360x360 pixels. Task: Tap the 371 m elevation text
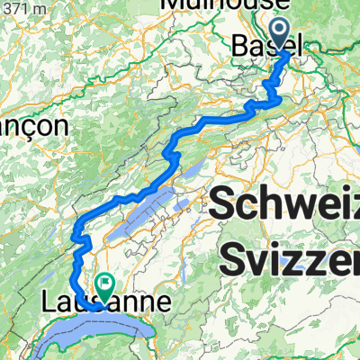[x=19, y=6]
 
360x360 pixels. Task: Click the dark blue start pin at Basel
[x=289, y=36]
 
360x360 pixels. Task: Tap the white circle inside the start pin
[x=289, y=32]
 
